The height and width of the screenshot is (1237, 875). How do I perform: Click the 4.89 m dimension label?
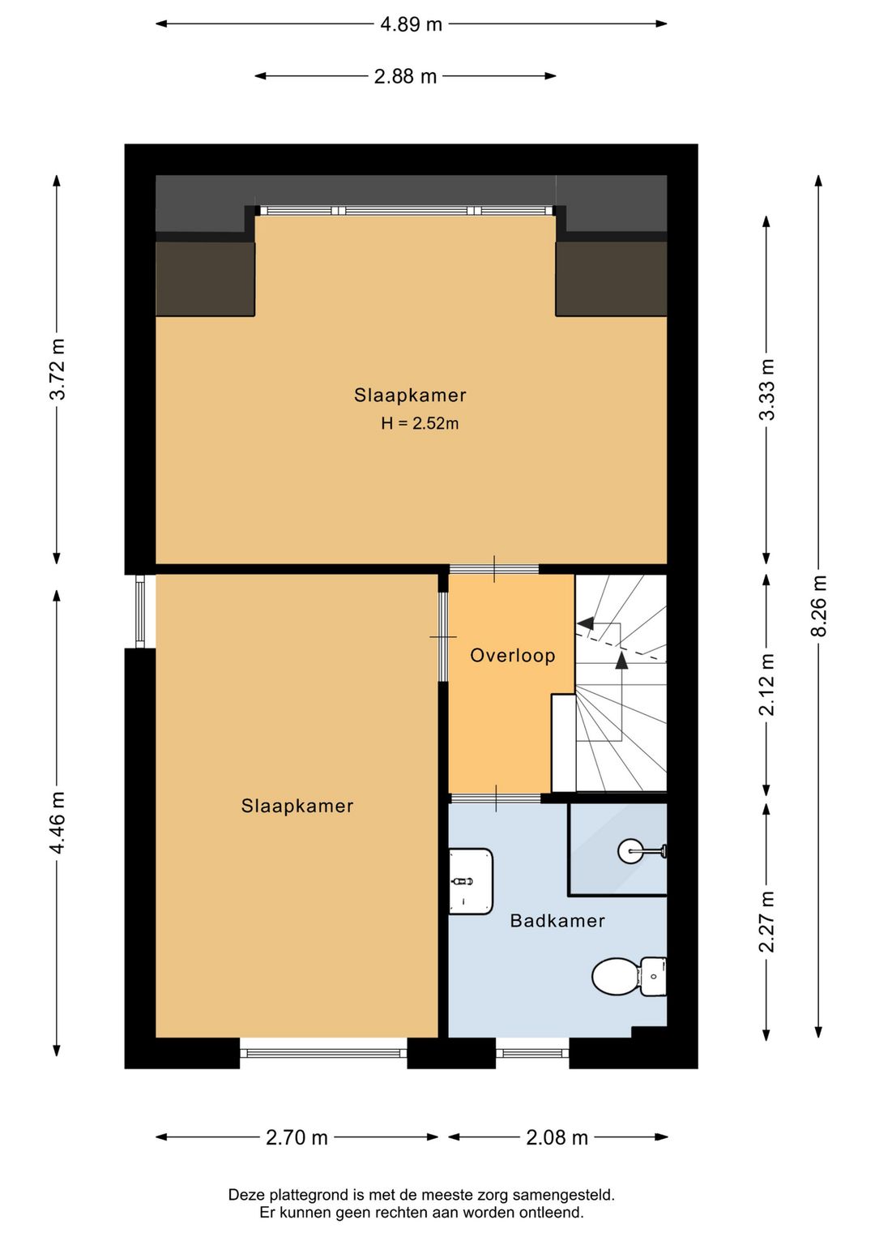412,24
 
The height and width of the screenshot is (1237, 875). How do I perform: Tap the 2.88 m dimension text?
405,76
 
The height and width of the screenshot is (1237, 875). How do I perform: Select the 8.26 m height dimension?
818,606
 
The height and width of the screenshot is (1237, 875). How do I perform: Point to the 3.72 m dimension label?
58,369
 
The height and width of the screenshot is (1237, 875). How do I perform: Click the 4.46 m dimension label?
58,822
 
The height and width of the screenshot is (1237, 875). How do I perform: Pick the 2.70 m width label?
297,1137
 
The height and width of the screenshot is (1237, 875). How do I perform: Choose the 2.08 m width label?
557,1137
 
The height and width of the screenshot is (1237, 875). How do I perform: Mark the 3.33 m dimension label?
766,390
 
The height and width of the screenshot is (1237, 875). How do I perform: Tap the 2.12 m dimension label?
766,684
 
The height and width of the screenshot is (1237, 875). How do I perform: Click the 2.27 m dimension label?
766,922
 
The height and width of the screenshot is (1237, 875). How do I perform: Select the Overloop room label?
512,656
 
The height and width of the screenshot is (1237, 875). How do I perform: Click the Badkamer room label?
557,921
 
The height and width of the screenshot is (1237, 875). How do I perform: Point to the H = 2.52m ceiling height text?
420,424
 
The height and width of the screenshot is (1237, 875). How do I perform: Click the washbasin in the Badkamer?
470,881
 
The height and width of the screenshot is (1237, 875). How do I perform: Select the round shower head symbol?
630,851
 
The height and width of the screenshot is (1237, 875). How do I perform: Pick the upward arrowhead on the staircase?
621,661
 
